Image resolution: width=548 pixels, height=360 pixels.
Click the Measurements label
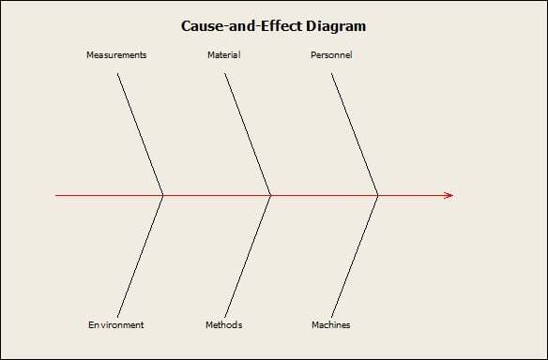click(x=116, y=55)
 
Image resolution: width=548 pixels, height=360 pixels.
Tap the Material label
click(x=223, y=55)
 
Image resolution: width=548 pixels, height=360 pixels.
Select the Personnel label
click(x=331, y=55)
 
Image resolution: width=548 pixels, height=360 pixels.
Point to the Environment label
click(x=116, y=325)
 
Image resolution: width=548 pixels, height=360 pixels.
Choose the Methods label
click(x=223, y=325)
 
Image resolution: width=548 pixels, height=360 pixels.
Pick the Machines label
click(x=331, y=325)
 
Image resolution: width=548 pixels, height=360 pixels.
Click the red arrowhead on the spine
click(x=449, y=195)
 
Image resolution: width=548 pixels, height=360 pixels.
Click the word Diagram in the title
click(x=334, y=26)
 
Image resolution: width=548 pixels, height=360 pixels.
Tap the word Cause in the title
click(x=202, y=26)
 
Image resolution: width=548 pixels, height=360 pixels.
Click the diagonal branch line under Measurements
click(x=141, y=134)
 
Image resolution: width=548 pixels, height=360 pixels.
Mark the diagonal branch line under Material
click(x=248, y=134)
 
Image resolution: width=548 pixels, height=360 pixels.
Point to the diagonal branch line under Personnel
click(x=355, y=134)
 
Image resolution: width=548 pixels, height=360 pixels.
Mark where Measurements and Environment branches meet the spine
click(x=163, y=195)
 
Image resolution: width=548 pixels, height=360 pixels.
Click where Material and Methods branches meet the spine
click(x=271, y=195)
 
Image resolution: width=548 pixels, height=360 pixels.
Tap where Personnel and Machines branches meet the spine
click(x=378, y=195)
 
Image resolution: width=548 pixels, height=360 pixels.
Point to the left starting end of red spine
click(x=56, y=195)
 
